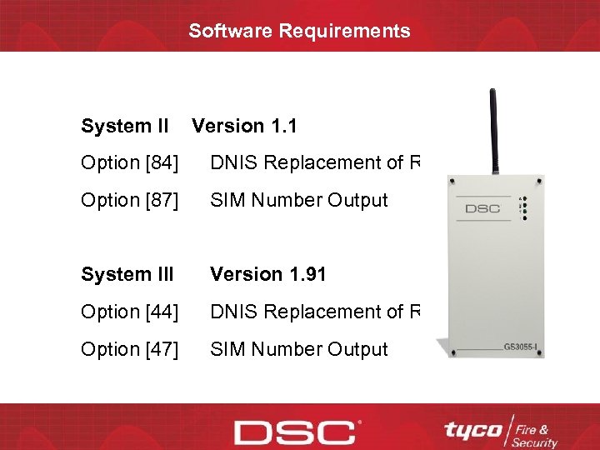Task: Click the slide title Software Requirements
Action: pyautogui.click(x=299, y=31)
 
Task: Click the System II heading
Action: pyautogui.click(x=124, y=126)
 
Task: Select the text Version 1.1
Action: pyautogui.click(x=244, y=126)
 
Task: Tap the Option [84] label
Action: pyautogui.click(x=129, y=162)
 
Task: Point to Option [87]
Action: pyautogui.click(x=129, y=200)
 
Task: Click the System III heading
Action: pyautogui.click(x=127, y=274)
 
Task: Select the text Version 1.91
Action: pyautogui.click(x=267, y=274)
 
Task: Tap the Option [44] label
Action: pyautogui.click(x=129, y=312)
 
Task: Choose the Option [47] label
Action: pyautogui.click(x=129, y=349)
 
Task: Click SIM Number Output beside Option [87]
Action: pyautogui.click(x=299, y=200)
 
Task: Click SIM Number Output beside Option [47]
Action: pyautogui.click(x=299, y=349)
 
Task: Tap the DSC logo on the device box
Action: pyautogui.click(x=482, y=207)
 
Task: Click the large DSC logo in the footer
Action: pyautogui.click(x=294, y=432)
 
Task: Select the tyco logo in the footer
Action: pyautogui.click(x=473, y=431)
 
